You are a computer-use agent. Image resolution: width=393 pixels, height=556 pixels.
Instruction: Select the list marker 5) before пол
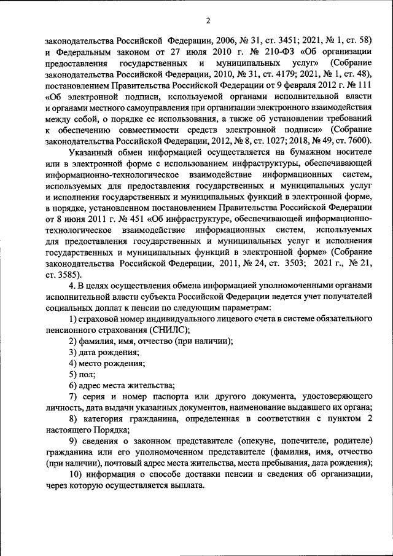(72, 374)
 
